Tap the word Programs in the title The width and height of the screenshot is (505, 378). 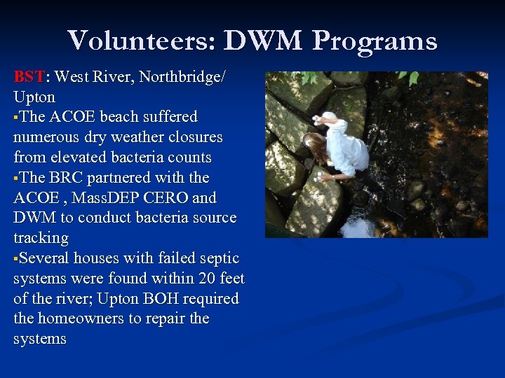(375, 41)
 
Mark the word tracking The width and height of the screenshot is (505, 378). (41, 238)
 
